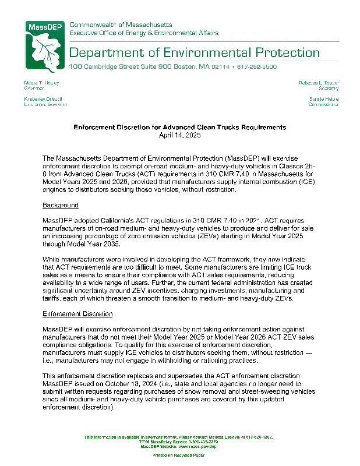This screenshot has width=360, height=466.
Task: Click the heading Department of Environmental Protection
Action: tap(195, 53)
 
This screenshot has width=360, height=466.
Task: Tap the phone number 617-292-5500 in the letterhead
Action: tap(257, 67)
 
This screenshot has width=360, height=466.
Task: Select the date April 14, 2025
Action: tap(179, 135)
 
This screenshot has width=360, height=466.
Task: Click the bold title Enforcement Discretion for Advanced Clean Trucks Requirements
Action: tap(179, 127)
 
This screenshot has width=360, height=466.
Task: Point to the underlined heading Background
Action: tap(61, 206)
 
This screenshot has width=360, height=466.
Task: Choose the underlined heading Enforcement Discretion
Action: tap(77, 314)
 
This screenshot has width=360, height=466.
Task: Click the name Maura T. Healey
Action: tap(42, 83)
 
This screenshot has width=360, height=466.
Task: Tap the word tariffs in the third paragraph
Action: tap(54, 298)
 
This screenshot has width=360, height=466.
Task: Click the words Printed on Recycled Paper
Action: tap(178, 455)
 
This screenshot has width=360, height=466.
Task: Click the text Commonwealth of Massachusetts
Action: tap(121, 25)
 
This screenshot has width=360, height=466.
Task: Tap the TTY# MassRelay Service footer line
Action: tap(178, 442)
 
